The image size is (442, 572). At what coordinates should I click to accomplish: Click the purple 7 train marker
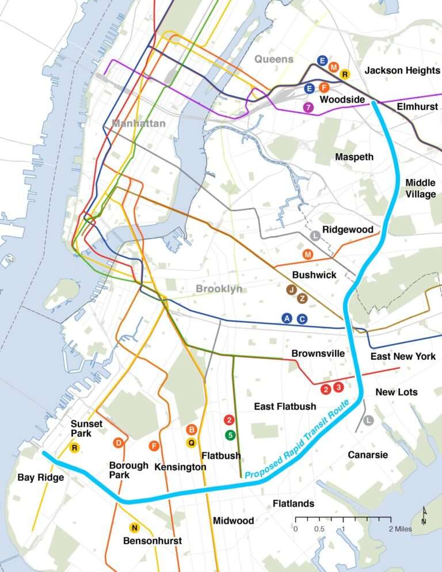309,107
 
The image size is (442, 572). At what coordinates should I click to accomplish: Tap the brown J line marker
292,289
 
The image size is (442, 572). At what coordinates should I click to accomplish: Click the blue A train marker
287,318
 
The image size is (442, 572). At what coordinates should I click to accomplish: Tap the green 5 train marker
230,435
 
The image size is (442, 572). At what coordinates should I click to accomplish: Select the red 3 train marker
338,388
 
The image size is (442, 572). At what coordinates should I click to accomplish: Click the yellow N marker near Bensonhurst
134,528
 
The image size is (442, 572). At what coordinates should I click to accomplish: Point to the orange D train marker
118,443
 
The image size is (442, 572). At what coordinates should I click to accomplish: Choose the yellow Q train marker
192,443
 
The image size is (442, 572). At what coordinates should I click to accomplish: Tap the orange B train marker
192,429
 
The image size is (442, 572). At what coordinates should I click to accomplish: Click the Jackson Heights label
402,70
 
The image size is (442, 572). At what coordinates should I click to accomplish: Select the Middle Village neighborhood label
420,188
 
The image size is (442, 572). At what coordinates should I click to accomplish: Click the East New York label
403,356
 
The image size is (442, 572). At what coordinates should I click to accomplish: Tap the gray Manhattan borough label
139,123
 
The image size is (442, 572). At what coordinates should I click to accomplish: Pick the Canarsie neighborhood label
368,455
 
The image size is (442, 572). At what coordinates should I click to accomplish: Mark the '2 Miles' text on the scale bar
399,529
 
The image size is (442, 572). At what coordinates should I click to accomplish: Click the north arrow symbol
424,516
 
